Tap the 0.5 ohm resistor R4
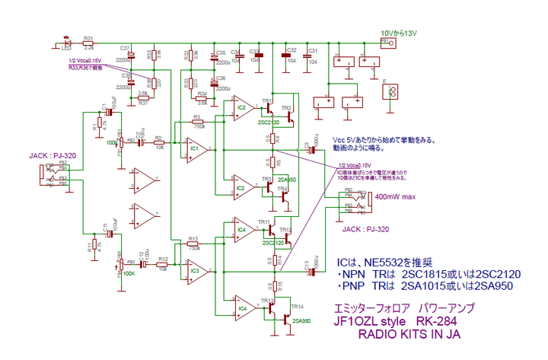[x=272, y=138]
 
